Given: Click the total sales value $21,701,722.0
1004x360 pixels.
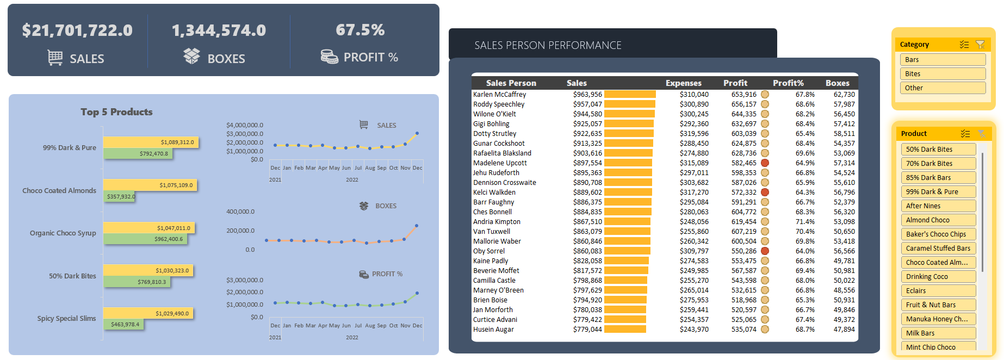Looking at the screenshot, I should point(77,30).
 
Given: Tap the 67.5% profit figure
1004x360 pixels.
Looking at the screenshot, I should point(360,30).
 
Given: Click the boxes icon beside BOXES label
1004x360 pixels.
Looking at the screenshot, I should point(191,56).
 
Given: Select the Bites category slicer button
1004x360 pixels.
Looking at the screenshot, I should point(942,74).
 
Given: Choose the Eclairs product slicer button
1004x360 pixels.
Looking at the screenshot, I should point(938,291).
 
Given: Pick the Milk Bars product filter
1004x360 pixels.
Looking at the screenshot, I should point(938,333).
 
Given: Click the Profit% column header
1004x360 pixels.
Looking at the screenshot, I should point(788,83).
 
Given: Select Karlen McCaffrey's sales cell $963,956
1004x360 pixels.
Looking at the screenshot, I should point(587,95).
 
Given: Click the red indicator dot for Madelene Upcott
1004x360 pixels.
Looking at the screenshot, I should point(765,163).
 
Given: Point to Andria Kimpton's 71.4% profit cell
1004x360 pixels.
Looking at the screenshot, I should point(805,222).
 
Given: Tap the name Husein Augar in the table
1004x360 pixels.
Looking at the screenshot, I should point(493,330).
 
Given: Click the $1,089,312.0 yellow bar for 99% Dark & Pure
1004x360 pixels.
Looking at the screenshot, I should point(151,142).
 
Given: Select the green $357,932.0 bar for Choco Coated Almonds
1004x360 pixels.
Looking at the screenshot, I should point(119,196).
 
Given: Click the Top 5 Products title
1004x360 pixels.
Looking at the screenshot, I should point(116,112).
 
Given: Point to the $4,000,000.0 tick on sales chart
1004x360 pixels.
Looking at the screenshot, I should point(245,125).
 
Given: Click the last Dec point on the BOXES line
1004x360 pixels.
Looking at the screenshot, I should point(417,225).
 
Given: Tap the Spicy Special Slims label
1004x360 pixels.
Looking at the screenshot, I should point(66,319).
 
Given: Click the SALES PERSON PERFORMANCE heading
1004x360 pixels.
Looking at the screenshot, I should point(548,46).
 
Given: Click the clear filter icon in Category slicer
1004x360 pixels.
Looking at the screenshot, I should point(980,45).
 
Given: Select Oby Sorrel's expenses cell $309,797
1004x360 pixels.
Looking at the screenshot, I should point(694,251).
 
